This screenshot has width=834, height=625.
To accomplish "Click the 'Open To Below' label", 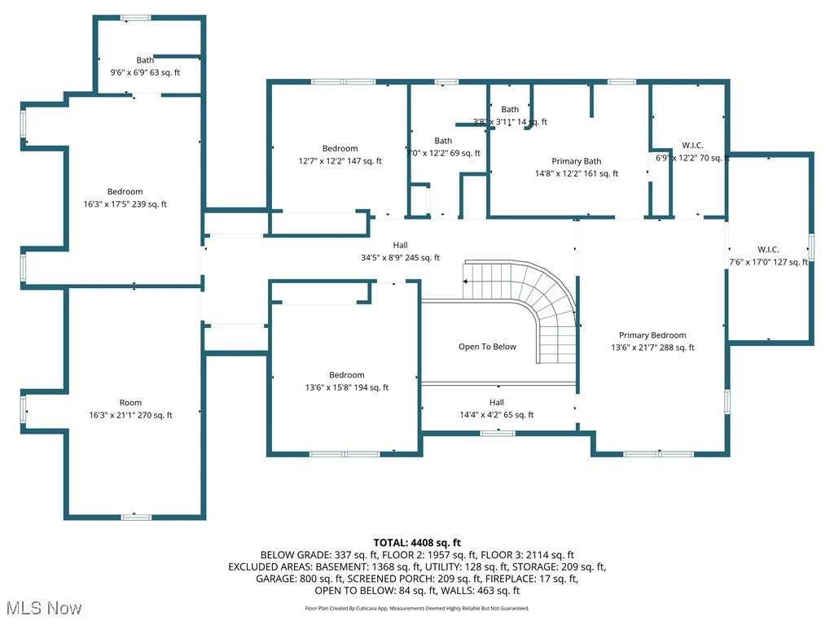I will (x=487, y=347).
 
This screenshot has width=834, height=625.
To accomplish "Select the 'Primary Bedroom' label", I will (x=652, y=335).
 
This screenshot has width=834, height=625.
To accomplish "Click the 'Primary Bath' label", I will (x=577, y=161).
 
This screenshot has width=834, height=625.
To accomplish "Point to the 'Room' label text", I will (x=130, y=403).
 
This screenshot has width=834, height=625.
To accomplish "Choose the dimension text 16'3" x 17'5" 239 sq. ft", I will (x=125, y=204).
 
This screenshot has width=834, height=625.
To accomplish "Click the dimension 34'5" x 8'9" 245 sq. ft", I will (x=400, y=257).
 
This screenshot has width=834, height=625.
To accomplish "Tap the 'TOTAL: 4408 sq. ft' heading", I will (x=417, y=542).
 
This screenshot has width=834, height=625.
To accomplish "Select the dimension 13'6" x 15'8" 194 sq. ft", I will (x=347, y=387).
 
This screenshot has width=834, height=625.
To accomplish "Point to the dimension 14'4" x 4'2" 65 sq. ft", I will (x=497, y=414).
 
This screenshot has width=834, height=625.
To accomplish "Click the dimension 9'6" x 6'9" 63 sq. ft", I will (x=145, y=72).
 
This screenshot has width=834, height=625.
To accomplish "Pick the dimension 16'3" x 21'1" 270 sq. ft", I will (x=130, y=415).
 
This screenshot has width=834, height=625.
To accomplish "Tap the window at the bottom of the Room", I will (x=136, y=517).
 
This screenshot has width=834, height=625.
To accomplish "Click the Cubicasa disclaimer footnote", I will (x=417, y=608).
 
